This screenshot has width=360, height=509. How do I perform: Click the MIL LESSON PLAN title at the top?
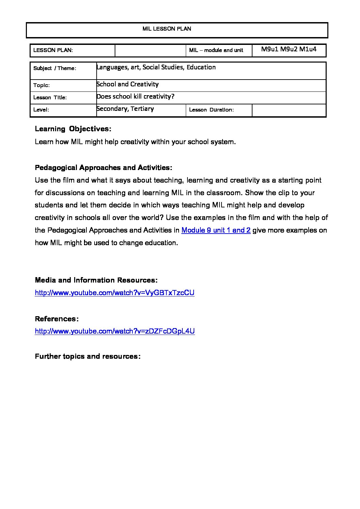(167, 29)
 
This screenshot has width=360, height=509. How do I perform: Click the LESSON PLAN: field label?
(53, 50)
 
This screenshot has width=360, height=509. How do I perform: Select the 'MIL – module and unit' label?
(216, 50)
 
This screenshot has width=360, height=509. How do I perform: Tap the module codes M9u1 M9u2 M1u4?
(289, 49)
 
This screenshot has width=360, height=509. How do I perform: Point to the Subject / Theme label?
(55, 68)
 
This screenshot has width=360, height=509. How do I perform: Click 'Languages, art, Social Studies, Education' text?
(156, 67)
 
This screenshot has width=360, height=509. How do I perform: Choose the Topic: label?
(42, 85)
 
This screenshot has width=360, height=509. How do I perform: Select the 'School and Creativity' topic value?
(128, 84)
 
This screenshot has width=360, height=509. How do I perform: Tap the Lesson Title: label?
(50, 98)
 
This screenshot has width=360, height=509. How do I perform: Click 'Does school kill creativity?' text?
(135, 97)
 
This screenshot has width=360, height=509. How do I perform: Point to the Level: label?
(41, 110)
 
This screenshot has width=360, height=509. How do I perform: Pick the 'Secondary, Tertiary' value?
(125, 109)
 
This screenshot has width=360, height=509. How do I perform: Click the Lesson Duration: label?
(211, 110)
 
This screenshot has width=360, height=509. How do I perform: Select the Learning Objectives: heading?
(73, 129)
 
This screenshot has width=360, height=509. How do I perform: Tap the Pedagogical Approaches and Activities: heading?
(103, 168)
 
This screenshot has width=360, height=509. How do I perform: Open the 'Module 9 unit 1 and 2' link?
(216, 230)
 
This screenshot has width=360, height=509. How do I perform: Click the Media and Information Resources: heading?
(96, 280)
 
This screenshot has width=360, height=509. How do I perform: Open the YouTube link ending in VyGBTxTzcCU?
(115, 293)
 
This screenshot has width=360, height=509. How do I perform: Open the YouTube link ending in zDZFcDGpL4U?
(115, 331)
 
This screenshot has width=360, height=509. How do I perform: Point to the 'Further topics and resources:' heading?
(88, 356)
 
